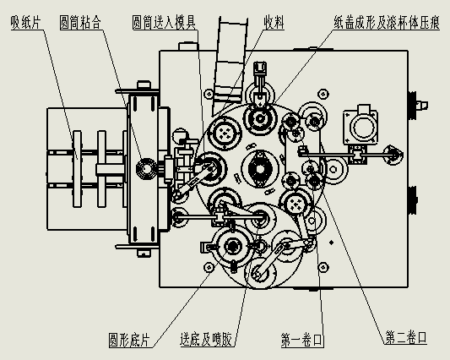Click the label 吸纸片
coord(26,23)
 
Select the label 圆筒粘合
coord(80,23)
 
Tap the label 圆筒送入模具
coord(164,23)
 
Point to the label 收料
coord(274,23)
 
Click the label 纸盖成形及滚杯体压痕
coord(387,23)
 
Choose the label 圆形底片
coord(129,340)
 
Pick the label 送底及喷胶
coord(206,340)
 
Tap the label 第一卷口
coord(302,340)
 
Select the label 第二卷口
coord(406,337)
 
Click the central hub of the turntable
coord(260,169)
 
